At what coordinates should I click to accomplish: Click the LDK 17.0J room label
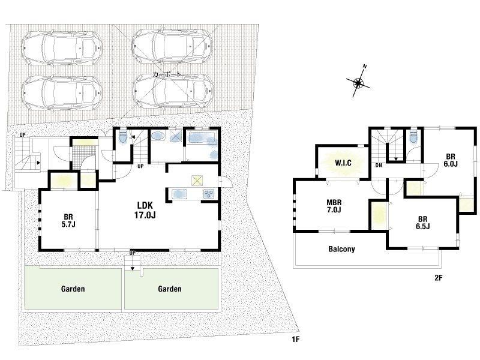pyautogui.click(x=145, y=210)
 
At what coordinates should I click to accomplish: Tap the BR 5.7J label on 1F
pyautogui.click(x=68, y=220)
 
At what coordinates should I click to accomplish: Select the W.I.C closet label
pyautogui.click(x=343, y=163)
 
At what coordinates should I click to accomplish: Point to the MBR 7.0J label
pyautogui.click(x=334, y=206)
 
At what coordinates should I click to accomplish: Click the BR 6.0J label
pyautogui.click(x=451, y=160)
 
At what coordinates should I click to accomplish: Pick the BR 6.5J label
pyautogui.click(x=423, y=223)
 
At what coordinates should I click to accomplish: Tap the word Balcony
pyautogui.click(x=341, y=249)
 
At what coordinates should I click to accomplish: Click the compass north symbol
pyautogui.click(x=358, y=82)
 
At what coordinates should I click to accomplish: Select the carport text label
pyautogui.click(x=167, y=74)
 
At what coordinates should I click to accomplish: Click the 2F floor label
pyautogui.click(x=439, y=278)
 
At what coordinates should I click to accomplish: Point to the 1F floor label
pyautogui.click(x=295, y=339)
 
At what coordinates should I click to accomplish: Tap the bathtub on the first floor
pyautogui.click(x=202, y=139)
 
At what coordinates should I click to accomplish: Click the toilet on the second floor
pyautogui.click(x=413, y=137)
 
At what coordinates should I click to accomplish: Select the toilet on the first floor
pyautogui.click(x=123, y=136)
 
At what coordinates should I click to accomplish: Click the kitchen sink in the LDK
pyautogui.click(x=179, y=194)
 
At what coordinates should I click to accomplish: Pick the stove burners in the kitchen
pyautogui.click(x=209, y=194)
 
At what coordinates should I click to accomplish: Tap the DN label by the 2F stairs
pyautogui.click(x=379, y=166)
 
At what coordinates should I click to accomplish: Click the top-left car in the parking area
pyautogui.click(x=62, y=49)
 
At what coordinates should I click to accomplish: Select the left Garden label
pyautogui.click(x=73, y=289)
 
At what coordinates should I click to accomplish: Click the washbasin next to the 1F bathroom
pyautogui.click(x=158, y=136)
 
